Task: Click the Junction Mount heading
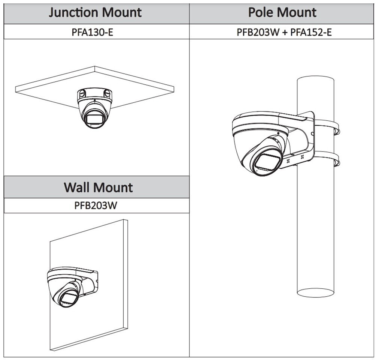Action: tap(95, 12)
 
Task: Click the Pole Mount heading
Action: tap(282, 12)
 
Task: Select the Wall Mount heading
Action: tap(98, 187)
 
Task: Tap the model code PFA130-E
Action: tap(93, 32)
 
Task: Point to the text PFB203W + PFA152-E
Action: tap(284, 32)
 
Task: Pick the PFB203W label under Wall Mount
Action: tap(97, 206)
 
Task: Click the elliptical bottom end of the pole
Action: tap(315, 293)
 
